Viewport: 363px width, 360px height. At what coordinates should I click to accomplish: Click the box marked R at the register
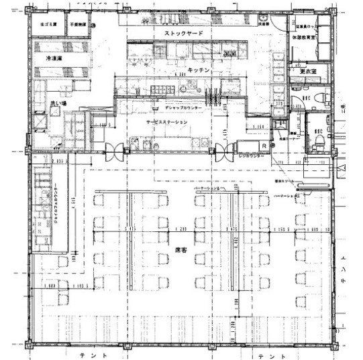click(x=265, y=144)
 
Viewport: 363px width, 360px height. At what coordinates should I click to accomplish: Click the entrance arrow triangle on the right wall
click(x=342, y=166)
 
